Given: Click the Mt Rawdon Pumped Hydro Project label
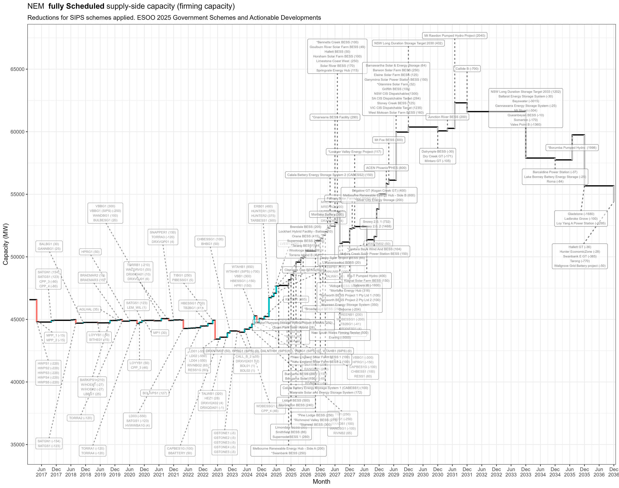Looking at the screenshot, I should click(x=455, y=36).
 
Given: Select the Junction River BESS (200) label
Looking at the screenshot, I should click(x=447, y=117).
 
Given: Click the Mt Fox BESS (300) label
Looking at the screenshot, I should click(x=389, y=140).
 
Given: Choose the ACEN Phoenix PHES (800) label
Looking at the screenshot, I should click(x=386, y=168).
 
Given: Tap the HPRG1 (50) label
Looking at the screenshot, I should click(x=90, y=252).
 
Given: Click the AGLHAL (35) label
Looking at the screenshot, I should click(x=89, y=309).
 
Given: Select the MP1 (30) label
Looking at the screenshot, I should click(x=160, y=333).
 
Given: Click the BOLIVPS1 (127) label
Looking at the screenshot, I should click(x=155, y=393).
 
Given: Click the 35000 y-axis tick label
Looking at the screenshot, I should click(x=17, y=445).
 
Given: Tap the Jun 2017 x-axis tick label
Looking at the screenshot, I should click(x=42, y=472).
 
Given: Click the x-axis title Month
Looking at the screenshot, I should click(x=321, y=482).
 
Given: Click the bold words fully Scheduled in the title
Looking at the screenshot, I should click(x=76, y=6).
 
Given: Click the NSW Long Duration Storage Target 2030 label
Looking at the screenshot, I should click(x=408, y=43).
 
